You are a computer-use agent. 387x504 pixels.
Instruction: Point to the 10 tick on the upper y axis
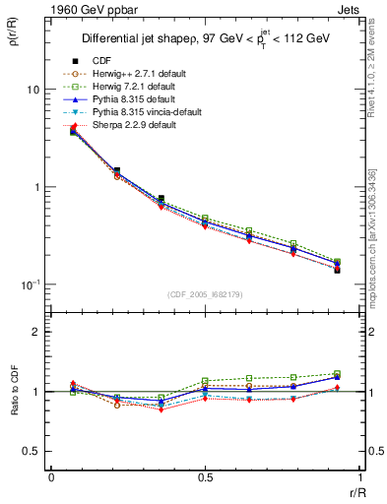32,90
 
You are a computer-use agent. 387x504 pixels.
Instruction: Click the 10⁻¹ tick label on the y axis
31,284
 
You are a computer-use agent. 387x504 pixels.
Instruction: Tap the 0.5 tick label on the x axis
204,476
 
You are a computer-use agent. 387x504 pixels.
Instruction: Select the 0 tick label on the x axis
51,476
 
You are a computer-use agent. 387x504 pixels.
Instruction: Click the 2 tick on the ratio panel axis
36,333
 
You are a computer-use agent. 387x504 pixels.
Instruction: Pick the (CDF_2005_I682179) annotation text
204,294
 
